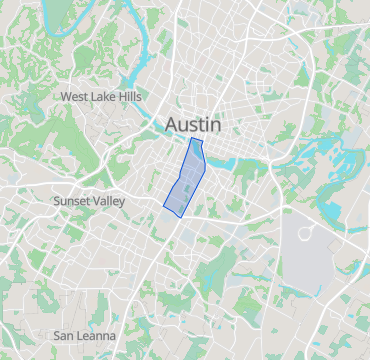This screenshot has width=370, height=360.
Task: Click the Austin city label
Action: point(193,124)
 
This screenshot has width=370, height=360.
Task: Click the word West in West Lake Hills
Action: point(76,97)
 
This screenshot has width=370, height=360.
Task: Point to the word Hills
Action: point(130,97)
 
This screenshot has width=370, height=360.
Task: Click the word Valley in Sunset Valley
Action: point(111,201)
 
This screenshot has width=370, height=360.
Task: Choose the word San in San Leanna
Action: point(65,336)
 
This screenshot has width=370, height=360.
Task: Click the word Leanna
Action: point(98,336)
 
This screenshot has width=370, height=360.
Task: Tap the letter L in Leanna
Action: point(82,336)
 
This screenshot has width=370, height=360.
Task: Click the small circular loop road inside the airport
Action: point(304,232)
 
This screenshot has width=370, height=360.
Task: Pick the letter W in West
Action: point(66,97)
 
